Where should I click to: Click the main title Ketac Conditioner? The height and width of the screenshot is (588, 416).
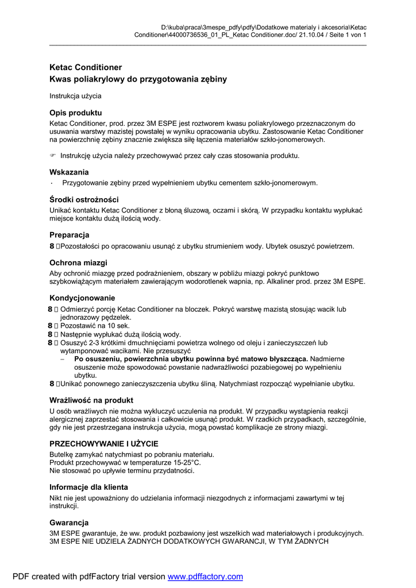[x=86, y=67]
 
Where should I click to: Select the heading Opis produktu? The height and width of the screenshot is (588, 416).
[x=76, y=113]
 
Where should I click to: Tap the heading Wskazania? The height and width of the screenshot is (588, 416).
[x=69, y=172]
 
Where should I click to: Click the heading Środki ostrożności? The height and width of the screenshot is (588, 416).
[x=84, y=199]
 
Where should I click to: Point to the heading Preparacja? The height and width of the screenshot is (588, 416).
[x=70, y=235]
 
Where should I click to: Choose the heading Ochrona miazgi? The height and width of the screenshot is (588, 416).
[x=78, y=262]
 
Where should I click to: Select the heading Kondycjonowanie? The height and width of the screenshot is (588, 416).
[x=82, y=298]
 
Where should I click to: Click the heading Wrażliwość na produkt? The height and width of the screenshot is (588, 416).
[x=91, y=400]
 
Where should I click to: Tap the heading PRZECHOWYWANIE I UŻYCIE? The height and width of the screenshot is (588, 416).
[x=104, y=444]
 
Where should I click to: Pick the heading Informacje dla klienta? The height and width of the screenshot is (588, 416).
[x=88, y=487]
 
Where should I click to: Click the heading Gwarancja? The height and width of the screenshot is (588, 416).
[x=69, y=523]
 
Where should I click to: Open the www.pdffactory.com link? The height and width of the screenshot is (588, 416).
[x=205, y=577]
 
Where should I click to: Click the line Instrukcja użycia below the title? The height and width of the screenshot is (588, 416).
[x=75, y=96]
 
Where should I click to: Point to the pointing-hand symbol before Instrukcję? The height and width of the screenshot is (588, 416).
[x=53, y=156]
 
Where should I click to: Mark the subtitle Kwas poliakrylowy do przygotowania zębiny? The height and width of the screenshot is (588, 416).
[x=138, y=79]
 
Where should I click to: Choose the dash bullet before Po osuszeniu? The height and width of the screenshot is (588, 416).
[x=63, y=358]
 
